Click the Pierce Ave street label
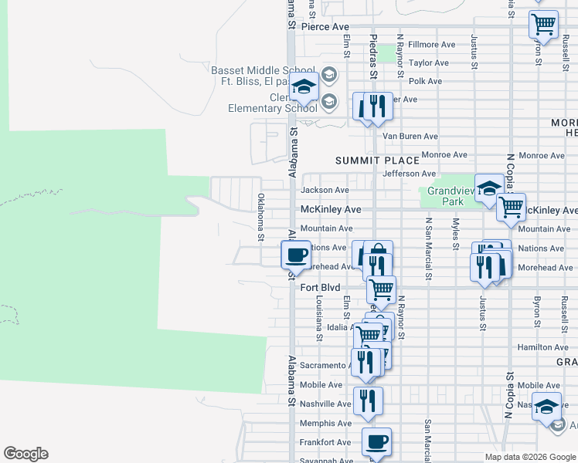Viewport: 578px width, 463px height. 325,26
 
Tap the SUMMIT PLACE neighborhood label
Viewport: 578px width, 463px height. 377,161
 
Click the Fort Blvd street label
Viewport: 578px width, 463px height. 320,287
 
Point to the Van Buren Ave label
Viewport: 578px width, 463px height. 410,136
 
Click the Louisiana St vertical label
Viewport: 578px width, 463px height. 318,319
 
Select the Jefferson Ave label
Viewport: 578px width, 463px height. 410,174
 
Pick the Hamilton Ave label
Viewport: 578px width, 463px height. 543,348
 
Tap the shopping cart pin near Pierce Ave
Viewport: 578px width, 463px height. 543,24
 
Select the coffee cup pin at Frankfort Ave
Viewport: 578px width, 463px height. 376,442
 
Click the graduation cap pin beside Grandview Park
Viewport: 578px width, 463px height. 489,188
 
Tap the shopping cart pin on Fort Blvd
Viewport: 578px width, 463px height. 381,290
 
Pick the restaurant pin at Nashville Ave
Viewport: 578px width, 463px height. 368,400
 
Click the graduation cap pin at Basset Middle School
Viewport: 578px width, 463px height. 304,87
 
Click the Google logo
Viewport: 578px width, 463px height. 25,454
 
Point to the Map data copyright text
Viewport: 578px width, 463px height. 530,457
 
